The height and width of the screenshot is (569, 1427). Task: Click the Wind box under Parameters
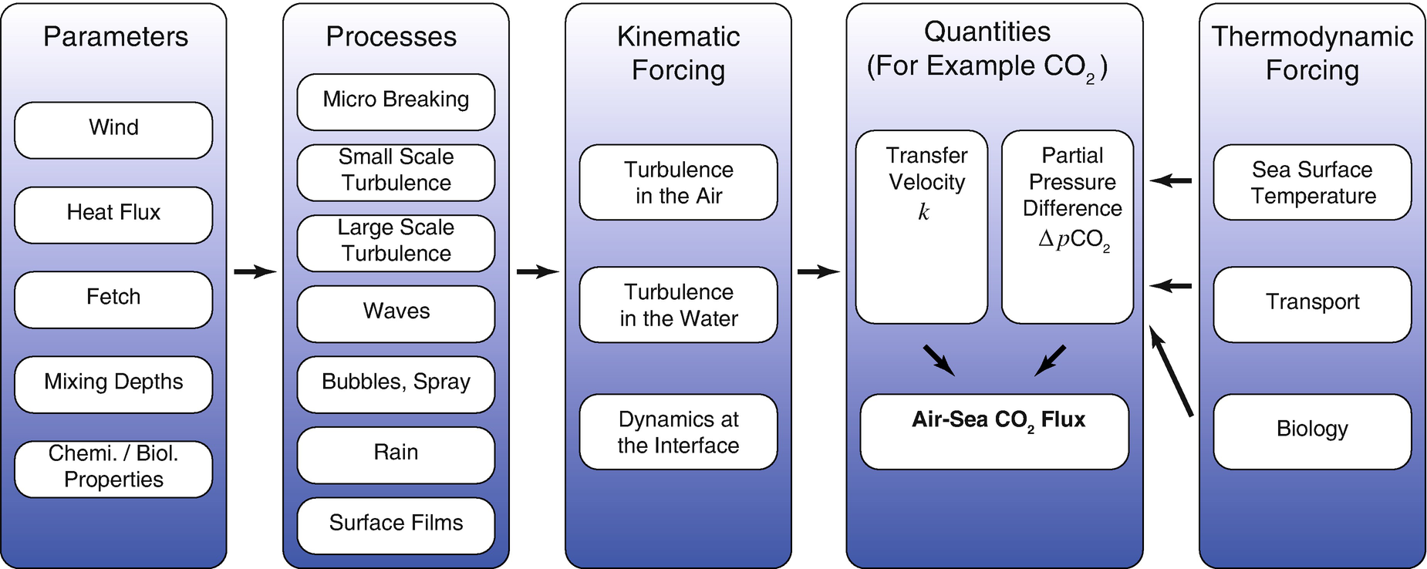coord(113,130)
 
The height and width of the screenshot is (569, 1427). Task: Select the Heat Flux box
coord(113,214)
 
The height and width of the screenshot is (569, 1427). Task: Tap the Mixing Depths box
coord(113,383)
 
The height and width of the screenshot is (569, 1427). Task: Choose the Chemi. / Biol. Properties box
coord(113,468)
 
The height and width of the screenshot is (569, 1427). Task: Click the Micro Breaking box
coord(396,101)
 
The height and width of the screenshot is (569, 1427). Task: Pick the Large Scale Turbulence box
coord(396,242)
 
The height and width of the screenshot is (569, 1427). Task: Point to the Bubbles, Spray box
coord(396,383)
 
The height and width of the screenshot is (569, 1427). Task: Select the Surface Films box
coord(396,524)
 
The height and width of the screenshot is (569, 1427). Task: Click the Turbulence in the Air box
coord(678,182)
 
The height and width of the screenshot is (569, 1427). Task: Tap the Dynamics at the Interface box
coord(678,432)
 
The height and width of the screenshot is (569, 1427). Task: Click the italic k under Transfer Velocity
coord(923,213)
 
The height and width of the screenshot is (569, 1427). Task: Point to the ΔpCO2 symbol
coord(1074,240)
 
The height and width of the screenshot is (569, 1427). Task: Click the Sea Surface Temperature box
coord(1312,182)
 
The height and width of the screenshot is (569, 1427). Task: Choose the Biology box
coord(1312,430)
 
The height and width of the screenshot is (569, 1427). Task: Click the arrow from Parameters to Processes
coord(255,271)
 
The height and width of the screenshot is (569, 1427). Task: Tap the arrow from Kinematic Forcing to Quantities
coord(818,271)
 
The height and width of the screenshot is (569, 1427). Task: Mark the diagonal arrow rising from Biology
coord(1171,371)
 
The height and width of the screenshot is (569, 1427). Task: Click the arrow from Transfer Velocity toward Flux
coord(939,360)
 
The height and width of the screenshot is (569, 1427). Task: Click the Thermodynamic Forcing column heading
coord(1312,52)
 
